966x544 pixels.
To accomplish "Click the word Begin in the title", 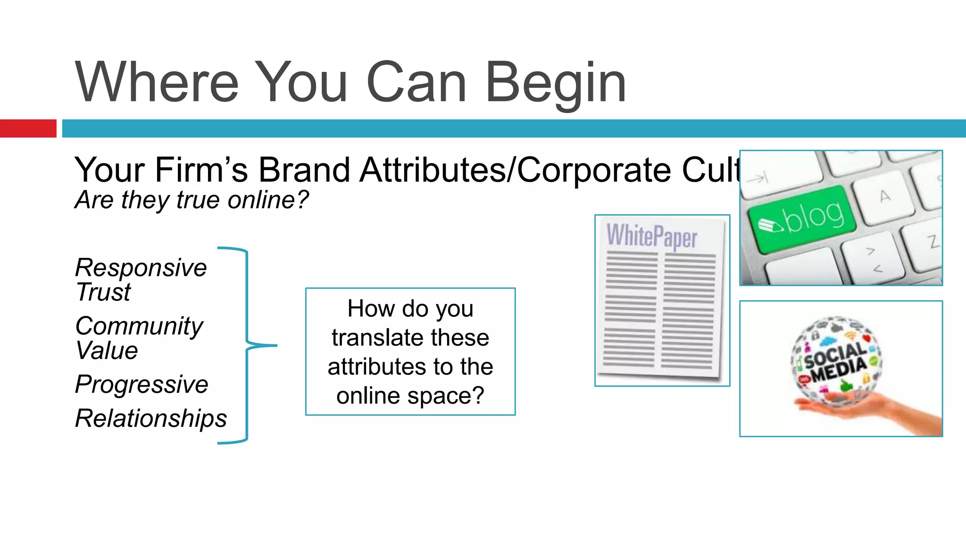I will point(555,83).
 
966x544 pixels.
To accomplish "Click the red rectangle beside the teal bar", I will point(28,128).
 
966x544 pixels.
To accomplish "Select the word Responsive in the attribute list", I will point(141,268).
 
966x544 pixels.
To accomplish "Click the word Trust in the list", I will point(103,292).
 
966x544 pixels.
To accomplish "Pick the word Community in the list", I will point(139,326).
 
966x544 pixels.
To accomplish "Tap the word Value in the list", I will point(107,350).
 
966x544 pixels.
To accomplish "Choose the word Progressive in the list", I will point(142,384).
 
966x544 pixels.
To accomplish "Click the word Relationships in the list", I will point(151,418).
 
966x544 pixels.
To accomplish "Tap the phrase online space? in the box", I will point(410,396).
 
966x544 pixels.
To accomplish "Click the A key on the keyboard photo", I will point(885,196).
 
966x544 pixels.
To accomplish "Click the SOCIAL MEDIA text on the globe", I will point(836,361).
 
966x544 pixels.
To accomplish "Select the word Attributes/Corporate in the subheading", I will point(515,170).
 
